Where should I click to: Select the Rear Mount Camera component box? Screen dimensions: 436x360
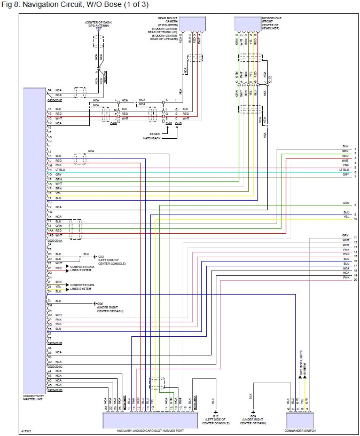tap(193, 24)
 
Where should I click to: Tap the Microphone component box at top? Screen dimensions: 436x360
tap(247, 24)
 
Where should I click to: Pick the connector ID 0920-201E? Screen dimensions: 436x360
tap(54, 100)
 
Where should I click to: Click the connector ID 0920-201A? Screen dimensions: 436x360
tap(54, 240)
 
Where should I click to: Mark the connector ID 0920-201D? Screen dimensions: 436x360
tap(54, 390)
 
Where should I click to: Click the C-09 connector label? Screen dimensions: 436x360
tap(113, 123)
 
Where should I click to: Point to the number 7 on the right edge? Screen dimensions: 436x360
tap(355, 177)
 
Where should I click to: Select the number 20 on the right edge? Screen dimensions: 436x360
tap(355, 280)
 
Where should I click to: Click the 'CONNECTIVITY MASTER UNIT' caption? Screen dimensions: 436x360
tap(33, 398)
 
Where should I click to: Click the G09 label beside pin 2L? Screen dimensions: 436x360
tap(100, 304)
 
